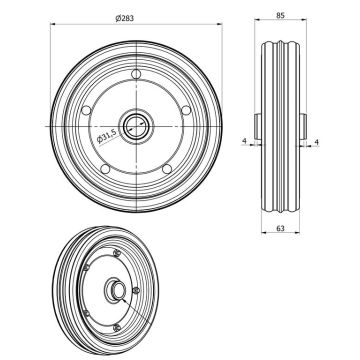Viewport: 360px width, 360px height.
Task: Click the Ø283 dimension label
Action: (125, 18)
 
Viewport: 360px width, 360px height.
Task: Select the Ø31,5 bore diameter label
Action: (107, 136)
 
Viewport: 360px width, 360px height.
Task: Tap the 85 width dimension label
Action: (281, 15)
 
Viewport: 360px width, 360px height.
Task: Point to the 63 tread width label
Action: (280, 228)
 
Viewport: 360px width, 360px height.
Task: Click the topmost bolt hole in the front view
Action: (136, 74)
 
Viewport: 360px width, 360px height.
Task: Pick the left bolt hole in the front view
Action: (86, 110)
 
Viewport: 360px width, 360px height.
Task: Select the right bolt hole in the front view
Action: (186, 110)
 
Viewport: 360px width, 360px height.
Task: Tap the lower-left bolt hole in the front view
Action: (105, 169)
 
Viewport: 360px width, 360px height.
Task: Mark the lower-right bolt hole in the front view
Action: (167, 169)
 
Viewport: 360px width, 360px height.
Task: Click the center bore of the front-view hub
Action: (136, 126)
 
